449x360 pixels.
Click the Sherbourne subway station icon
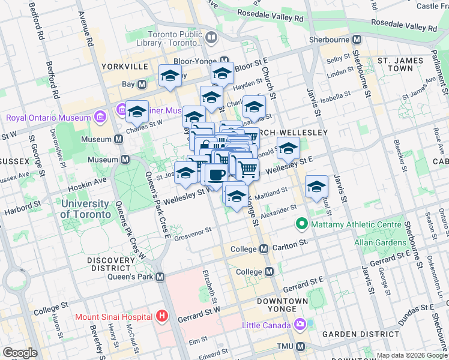(357, 40)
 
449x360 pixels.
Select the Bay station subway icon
(142, 85)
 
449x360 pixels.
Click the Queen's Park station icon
(160, 277)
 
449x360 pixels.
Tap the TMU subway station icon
(300, 347)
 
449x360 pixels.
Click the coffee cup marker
(216, 175)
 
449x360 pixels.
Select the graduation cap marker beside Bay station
(170, 76)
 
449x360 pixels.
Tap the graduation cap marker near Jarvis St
(316, 187)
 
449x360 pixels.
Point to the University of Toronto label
(85, 209)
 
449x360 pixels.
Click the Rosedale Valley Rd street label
(393, 26)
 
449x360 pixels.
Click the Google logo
(20, 353)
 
